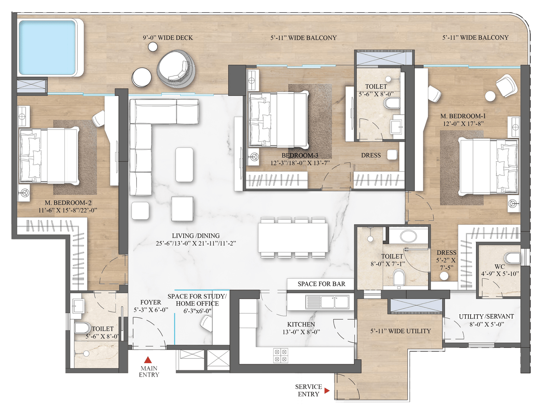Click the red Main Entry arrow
click(148, 360)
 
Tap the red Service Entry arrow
click(327, 391)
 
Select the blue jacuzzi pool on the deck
click(47, 48)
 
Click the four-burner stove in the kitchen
click(280, 355)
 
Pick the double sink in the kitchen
click(327, 302)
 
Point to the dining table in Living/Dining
click(293, 238)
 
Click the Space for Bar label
click(321, 284)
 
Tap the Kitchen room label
click(301, 324)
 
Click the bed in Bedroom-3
click(279, 119)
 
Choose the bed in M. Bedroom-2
click(49, 156)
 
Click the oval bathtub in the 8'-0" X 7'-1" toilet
click(408, 235)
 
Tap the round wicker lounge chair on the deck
click(176, 68)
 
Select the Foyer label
click(150, 302)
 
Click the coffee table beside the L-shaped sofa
click(184, 165)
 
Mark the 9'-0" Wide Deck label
click(168, 38)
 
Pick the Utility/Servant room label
click(486, 316)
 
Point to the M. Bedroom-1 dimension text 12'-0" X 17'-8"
click(463, 123)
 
